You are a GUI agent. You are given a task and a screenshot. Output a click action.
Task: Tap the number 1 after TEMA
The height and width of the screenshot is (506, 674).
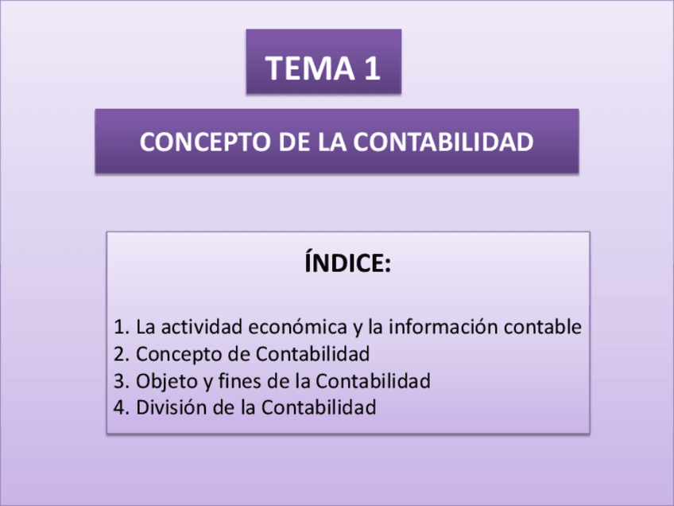pos(371,68)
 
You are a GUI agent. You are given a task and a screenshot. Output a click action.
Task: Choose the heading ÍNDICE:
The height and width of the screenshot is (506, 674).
pos(348,263)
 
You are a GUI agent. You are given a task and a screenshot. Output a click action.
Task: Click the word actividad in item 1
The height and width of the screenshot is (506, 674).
pos(202,327)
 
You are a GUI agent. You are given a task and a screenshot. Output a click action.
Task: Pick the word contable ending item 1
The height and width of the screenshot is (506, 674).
pos(548,327)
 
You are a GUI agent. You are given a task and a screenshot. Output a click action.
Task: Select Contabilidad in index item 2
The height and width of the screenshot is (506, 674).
pos(313,354)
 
